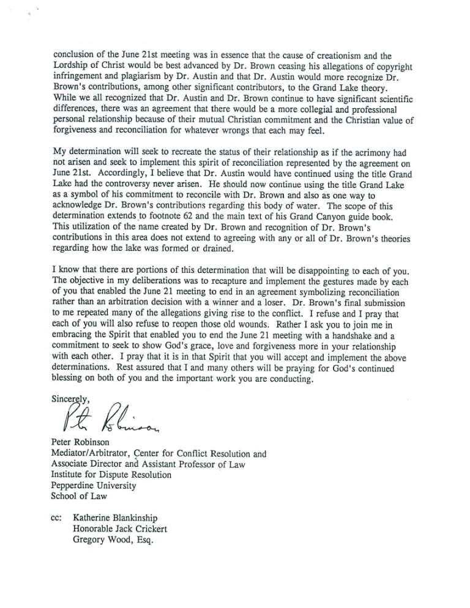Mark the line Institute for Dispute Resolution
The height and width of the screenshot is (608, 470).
[111, 475]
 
